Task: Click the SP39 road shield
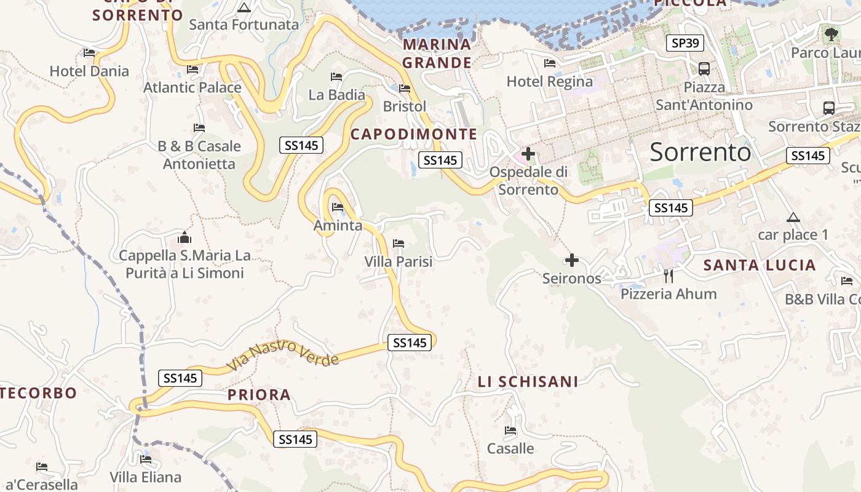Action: (685, 43)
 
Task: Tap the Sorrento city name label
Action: (700, 152)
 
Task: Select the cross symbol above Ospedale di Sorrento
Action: (528, 154)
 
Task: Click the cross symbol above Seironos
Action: (572, 260)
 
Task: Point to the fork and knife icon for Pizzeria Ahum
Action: (669, 276)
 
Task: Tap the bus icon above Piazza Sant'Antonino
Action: (704, 69)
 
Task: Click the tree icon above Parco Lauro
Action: (831, 34)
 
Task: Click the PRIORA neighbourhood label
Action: (259, 395)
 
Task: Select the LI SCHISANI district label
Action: (528, 382)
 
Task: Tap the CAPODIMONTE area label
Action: (413, 134)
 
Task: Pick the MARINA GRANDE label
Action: (437, 54)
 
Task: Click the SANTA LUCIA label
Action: (760, 266)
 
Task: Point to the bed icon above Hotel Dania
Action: (89, 53)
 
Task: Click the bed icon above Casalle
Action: (510, 430)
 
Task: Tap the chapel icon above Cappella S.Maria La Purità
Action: (184, 237)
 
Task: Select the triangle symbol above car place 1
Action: (793, 217)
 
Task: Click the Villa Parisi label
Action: (399, 261)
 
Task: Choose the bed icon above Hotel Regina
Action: (550, 63)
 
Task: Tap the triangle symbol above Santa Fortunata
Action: (244, 8)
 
